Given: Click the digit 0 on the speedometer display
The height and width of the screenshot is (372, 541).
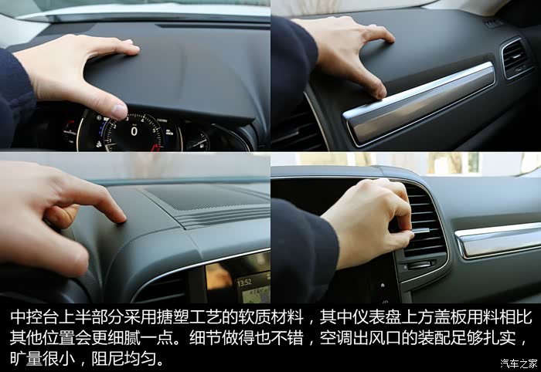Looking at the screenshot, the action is click(x=134, y=131).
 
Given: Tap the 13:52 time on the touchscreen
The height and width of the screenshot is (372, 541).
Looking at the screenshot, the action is click(x=244, y=282).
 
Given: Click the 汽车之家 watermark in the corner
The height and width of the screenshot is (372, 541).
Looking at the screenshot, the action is click(x=519, y=364).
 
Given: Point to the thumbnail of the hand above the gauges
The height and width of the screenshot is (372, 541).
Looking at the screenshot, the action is click(x=119, y=112).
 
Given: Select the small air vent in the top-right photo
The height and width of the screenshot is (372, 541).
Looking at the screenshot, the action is click(x=516, y=58).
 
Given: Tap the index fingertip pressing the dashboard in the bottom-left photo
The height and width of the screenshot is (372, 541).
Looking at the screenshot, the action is click(x=120, y=217).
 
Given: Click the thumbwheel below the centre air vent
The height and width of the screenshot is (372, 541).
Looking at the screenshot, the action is click(x=419, y=265).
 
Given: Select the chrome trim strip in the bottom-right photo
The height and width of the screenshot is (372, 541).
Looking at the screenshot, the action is click(x=498, y=240).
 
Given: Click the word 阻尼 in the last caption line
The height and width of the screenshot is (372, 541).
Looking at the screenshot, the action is click(x=107, y=359).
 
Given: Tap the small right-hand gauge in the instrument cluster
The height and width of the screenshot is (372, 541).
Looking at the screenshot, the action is click(x=197, y=141).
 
